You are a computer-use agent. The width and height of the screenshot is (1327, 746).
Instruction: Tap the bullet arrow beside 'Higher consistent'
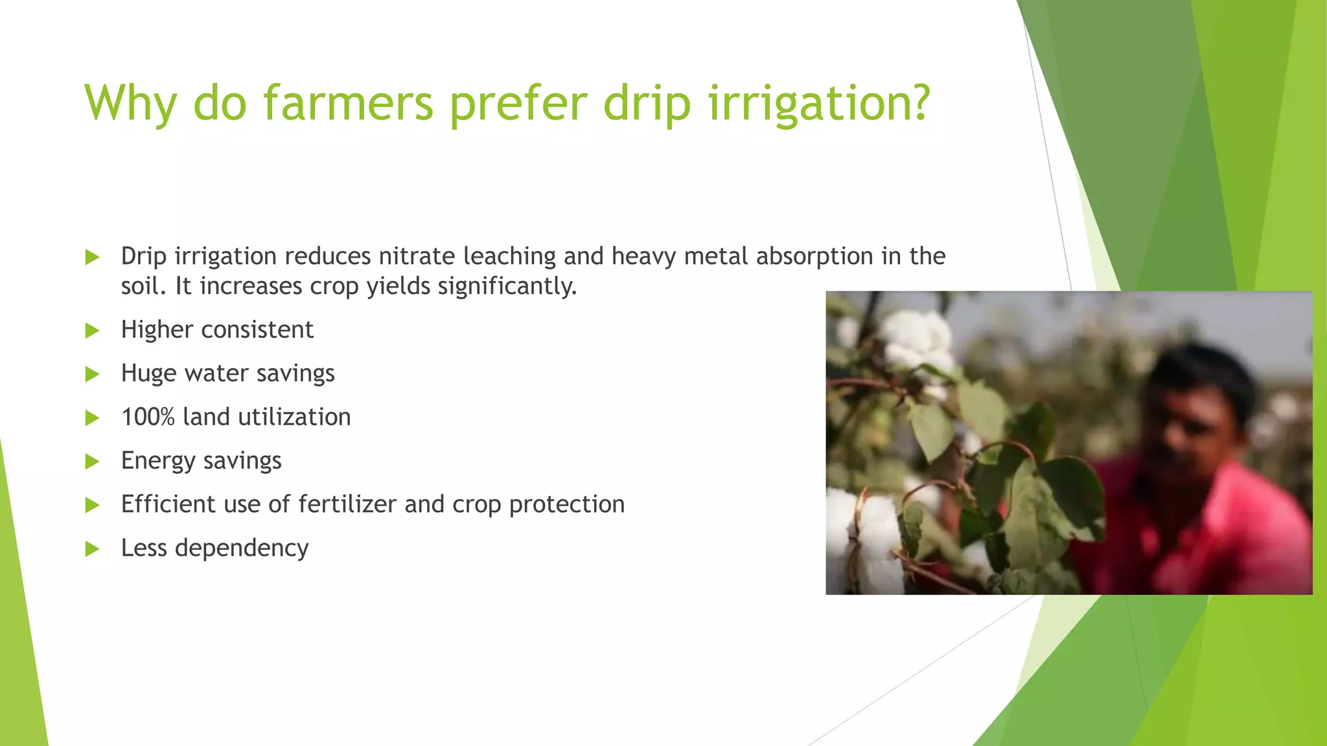click(x=93, y=331)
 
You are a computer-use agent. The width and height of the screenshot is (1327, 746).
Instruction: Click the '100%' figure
click(x=148, y=417)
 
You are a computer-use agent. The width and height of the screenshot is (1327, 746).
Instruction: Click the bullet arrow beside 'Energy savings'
click(x=93, y=462)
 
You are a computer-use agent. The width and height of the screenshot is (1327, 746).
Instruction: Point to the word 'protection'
click(x=566, y=505)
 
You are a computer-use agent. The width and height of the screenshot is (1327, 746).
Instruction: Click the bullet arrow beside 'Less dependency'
click(x=93, y=549)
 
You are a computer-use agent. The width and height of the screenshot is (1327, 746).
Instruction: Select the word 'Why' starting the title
click(x=130, y=104)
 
